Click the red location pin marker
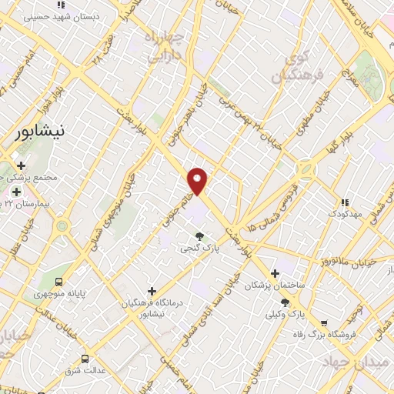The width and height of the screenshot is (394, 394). click(x=198, y=181)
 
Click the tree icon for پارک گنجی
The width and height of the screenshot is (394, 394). click(x=199, y=236)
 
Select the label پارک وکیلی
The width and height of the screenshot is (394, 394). click(x=285, y=314)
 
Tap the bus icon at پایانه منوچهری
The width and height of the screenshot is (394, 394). click(x=59, y=281)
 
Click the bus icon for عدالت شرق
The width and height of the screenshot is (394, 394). click(x=84, y=359)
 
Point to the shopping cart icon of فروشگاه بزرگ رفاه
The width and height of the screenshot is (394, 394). click(x=324, y=323)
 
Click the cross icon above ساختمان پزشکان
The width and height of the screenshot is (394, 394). click(x=275, y=273)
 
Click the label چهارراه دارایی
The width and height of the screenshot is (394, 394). click(x=167, y=45)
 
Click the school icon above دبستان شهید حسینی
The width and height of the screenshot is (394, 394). click(x=60, y=5)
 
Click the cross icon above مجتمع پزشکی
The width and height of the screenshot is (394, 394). click(x=21, y=165)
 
